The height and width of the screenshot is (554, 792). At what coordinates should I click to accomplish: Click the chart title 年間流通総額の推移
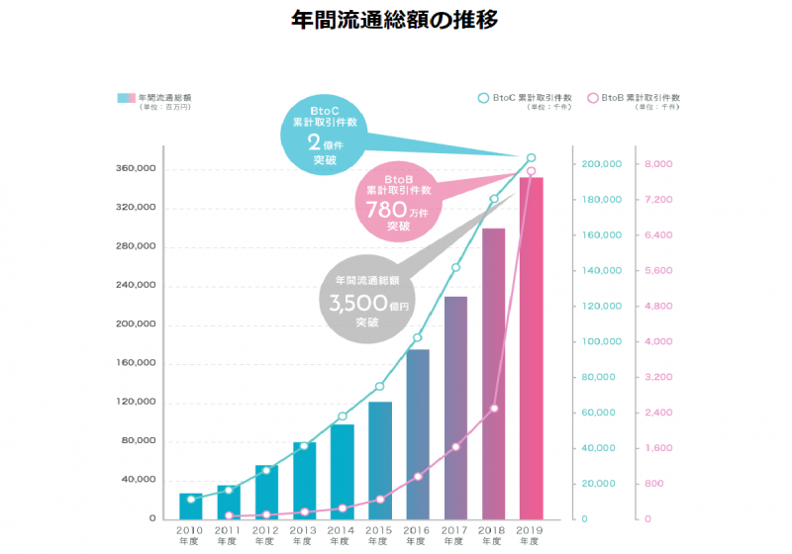tap(396, 19)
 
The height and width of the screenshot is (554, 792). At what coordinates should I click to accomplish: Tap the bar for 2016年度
tap(418, 434)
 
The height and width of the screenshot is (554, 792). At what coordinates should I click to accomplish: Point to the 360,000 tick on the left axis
tap(136, 169)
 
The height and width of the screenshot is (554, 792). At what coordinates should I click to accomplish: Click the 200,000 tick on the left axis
tap(136, 324)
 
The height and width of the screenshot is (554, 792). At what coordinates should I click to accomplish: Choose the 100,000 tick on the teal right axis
tap(602, 341)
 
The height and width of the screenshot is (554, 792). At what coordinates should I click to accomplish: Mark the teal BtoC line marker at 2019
tap(532, 158)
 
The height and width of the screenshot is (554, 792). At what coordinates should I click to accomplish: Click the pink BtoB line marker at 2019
tap(532, 171)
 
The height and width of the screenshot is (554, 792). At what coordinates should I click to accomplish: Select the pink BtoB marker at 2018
tap(494, 409)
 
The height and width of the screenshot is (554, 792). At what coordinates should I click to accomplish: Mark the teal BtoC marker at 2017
tap(455, 268)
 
